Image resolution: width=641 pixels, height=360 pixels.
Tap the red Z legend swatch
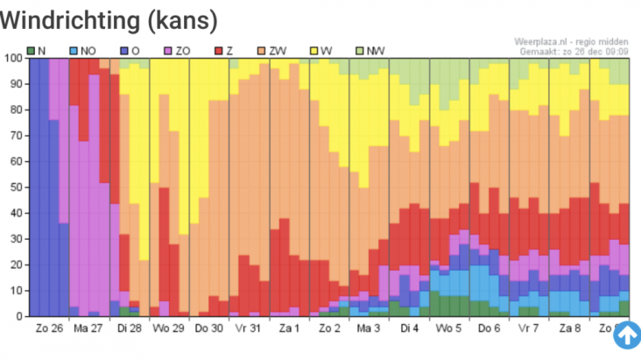[219, 51]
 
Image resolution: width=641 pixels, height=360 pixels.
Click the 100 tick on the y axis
[13, 59]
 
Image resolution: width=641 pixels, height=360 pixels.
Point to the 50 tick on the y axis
[16, 187]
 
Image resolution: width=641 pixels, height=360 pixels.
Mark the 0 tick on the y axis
[19, 316]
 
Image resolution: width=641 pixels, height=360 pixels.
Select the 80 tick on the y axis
[16, 110]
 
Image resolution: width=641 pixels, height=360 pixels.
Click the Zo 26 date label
[50, 328]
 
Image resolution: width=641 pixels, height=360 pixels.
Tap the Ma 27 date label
[89, 328]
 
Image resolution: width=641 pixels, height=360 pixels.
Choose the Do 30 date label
[209, 328]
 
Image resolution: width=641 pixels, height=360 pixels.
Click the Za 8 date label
[569, 328]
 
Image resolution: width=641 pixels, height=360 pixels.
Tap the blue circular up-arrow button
[626, 334]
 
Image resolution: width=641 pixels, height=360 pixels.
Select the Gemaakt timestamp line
[574, 51]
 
